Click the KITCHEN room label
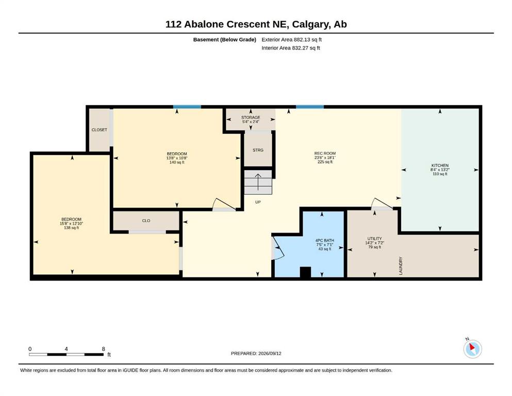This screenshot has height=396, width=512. (440, 166)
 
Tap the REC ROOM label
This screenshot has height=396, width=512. (325, 154)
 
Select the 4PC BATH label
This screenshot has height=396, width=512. (324, 241)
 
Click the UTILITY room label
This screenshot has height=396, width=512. (374, 239)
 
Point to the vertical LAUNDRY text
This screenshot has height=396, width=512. (401, 266)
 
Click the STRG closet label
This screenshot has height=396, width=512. (258, 150)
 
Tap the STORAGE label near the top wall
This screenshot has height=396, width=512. (251, 118)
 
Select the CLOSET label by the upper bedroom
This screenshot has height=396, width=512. (100, 130)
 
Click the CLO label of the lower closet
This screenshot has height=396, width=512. (146, 221)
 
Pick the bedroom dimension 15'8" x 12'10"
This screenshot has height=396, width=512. (72, 224)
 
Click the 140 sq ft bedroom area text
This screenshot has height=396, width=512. (177, 162)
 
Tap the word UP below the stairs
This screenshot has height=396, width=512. (258, 202)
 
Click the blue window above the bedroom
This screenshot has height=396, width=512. (187, 107)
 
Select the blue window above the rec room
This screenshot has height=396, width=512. (310, 107)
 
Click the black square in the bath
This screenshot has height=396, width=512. (305, 272)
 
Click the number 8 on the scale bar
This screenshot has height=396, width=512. (104, 349)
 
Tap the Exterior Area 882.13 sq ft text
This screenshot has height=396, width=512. (292, 40)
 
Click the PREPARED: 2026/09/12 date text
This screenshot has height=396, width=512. (256, 353)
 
